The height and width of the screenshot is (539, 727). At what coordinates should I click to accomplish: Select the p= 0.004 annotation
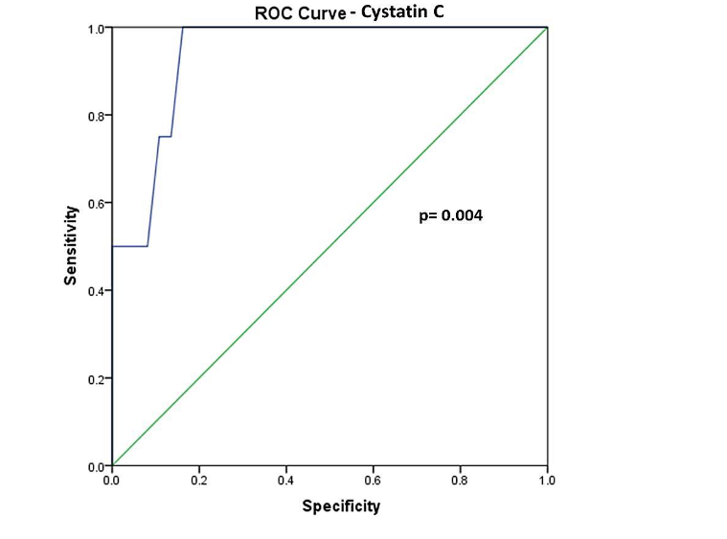point(451,216)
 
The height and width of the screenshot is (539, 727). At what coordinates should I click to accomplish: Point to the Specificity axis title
point(341,505)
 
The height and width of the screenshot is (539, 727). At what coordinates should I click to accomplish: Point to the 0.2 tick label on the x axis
point(199,480)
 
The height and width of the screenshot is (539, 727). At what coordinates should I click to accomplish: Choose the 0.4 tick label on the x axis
point(285,480)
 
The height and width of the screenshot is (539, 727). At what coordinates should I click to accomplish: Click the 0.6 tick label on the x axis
point(373,480)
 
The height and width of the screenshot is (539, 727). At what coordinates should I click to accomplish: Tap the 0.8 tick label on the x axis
point(460,480)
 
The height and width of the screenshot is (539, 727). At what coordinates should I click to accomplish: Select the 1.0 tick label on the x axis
point(546,480)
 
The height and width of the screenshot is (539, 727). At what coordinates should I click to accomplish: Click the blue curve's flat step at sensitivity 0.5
point(130,246)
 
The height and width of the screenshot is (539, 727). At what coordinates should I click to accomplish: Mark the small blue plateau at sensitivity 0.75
point(165,137)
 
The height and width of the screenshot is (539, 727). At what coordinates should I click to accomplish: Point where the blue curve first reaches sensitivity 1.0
point(183,28)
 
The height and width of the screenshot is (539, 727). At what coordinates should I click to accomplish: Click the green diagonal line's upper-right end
point(546,28)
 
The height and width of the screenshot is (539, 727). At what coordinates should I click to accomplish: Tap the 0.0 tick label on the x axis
point(112,480)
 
